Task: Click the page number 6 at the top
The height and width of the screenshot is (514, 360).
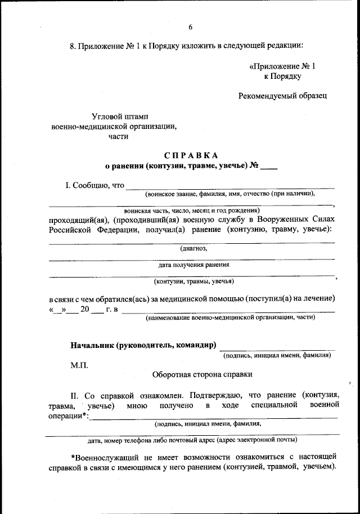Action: (x=190, y=27)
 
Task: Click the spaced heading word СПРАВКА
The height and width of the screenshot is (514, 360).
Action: (x=191, y=155)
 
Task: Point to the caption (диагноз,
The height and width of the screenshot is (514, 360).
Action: (x=193, y=248)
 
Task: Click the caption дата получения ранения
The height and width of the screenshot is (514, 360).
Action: (x=193, y=265)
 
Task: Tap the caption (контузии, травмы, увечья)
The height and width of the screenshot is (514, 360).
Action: (x=194, y=281)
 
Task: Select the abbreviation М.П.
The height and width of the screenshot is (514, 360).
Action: (x=79, y=365)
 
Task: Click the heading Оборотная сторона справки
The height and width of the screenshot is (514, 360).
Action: (x=202, y=373)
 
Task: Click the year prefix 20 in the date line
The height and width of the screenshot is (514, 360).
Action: (x=85, y=309)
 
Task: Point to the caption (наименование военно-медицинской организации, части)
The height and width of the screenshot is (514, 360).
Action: (x=230, y=318)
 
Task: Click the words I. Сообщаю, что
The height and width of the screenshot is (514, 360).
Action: (x=95, y=185)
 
